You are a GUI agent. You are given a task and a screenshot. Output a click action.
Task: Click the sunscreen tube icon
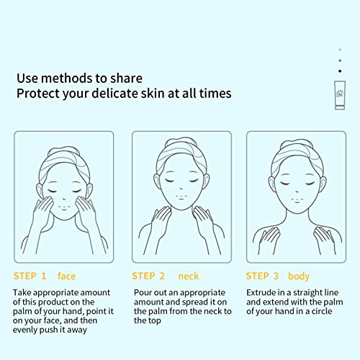coord(340,95)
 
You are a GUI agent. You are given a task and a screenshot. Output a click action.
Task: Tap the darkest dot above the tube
coord(340,71)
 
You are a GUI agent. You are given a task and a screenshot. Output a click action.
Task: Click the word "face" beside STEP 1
coord(66,276)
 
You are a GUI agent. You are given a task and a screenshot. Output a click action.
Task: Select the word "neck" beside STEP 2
coord(189,276)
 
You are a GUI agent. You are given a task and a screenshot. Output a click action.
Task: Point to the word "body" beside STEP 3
coord(299,276)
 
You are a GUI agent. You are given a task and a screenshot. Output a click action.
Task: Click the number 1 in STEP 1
coord(44,276)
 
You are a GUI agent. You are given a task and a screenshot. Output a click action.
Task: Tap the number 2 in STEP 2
coord(162,276)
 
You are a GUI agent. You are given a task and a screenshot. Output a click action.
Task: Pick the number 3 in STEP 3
coord(276,276)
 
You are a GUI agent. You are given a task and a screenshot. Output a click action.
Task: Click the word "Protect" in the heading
coord(38,94)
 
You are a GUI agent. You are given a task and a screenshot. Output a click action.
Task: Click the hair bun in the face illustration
coord(63,152)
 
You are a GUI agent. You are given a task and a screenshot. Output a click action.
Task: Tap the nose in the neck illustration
coord(181,188)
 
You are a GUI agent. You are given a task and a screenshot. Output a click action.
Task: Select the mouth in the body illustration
coord(297,200)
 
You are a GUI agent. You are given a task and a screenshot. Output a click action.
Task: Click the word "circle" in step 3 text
coord(322,311)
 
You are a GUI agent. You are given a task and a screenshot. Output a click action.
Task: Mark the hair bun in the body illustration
coord(297,144)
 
